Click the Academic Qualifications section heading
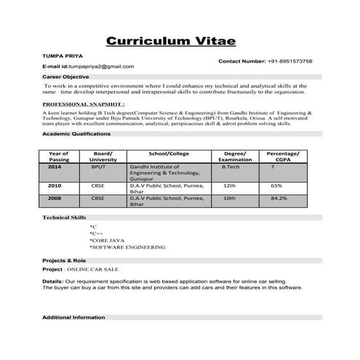click(76, 135)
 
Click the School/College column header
click(168, 153)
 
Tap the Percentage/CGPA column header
click(282, 157)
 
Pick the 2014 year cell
click(55, 167)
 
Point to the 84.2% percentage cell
click(279, 198)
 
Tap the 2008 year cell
click(55, 198)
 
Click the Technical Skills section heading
click(64, 217)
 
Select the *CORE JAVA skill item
click(107, 239)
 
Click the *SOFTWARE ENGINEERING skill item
click(127, 247)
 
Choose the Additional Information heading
click(73, 318)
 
